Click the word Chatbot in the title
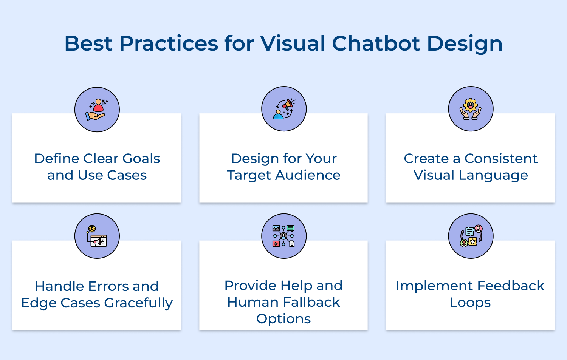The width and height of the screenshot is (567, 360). [376, 43]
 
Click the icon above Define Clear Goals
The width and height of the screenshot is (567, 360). [97, 110]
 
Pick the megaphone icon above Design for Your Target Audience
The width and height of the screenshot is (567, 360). [284, 109]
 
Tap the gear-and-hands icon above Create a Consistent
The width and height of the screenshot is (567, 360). [471, 109]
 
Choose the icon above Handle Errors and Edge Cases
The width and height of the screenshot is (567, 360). [97, 236]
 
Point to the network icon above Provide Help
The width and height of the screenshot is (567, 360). [284, 236]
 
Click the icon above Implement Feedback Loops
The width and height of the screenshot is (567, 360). [471, 236]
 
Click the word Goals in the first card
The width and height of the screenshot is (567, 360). [141, 159]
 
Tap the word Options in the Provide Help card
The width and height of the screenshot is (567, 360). [283, 319]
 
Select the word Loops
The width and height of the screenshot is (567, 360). [470, 303]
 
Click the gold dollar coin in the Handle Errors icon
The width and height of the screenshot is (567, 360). [92, 229]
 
